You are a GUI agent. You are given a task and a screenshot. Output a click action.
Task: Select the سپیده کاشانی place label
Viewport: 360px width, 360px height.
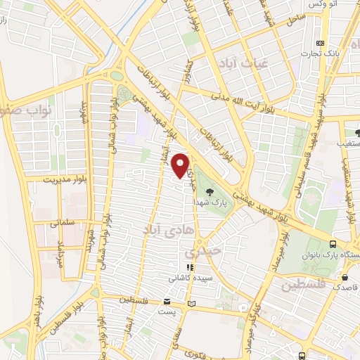tap(188, 278)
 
